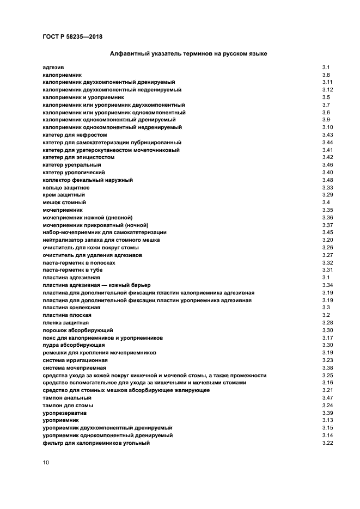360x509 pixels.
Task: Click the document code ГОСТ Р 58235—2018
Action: [x=72, y=37]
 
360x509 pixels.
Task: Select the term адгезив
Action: [x=53, y=67]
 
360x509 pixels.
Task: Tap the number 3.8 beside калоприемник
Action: [x=326, y=75]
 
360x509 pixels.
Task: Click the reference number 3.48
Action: [x=327, y=180]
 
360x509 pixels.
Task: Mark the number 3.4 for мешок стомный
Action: [x=326, y=202]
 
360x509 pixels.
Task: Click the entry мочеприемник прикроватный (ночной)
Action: [x=95, y=225]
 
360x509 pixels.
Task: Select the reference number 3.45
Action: [x=327, y=232]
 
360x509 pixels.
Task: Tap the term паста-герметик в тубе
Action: [x=72, y=270]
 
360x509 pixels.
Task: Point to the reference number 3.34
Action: [x=327, y=285]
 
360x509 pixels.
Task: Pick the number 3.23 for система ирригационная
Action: [x=327, y=360]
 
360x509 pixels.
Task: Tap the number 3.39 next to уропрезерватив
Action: [x=327, y=413]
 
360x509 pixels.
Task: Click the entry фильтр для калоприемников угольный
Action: [x=96, y=443]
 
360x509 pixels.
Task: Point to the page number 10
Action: [x=46, y=462]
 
